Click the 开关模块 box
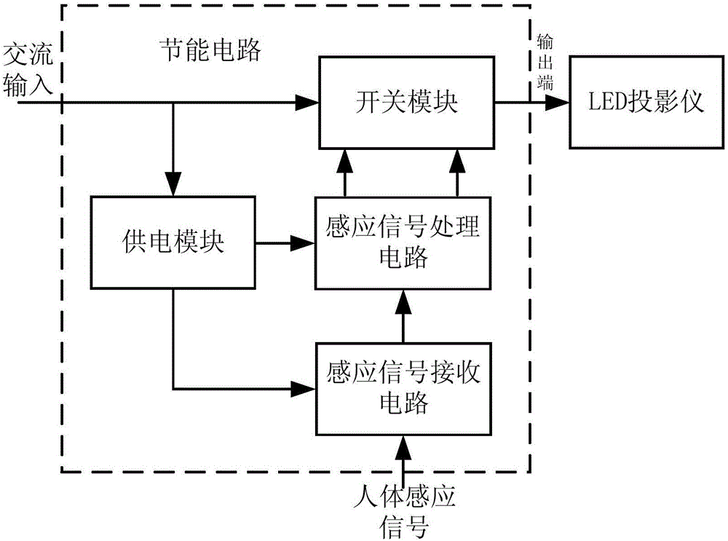[x=407, y=101]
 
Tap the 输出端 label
[x=545, y=61]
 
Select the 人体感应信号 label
[x=402, y=510]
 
